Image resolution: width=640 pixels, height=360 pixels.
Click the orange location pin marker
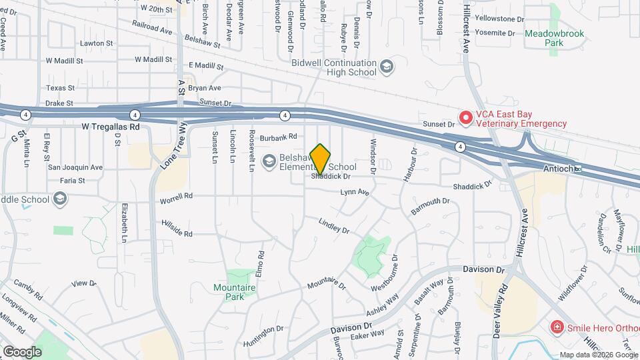[321, 159]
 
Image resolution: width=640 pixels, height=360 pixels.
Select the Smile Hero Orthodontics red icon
[556, 327]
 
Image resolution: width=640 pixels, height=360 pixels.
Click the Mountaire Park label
[235, 292]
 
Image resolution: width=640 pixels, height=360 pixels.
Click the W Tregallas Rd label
[112, 126]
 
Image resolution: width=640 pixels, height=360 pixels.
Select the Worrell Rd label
[176, 197]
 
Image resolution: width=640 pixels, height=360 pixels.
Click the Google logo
[22, 351]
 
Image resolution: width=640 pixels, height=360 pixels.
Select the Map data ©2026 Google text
[599, 355]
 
